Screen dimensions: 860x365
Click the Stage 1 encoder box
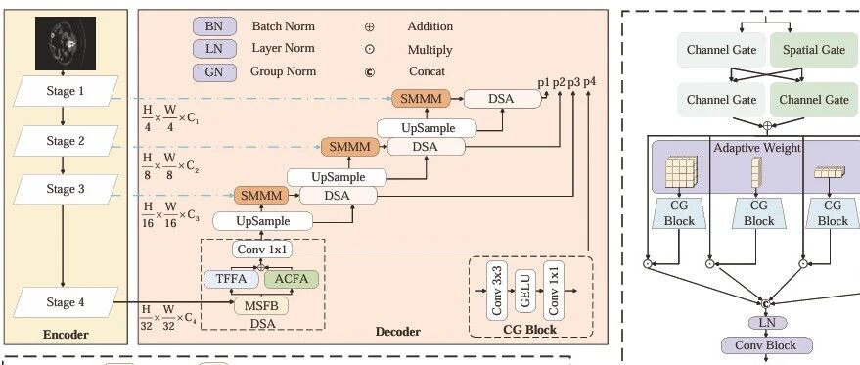[x=66, y=91]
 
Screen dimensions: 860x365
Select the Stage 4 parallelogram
[x=66, y=302]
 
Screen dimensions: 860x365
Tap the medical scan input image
[x=66, y=43]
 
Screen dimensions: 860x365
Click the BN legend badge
[x=214, y=26]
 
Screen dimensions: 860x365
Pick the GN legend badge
[x=214, y=72]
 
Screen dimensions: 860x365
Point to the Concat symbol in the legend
[x=370, y=71]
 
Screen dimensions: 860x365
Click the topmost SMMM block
[x=421, y=99]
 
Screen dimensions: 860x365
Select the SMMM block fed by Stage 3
[x=261, y=196]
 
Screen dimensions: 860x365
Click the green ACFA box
[x=292, y=279]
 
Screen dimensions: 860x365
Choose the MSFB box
[x=261, y=305]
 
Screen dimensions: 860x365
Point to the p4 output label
[x=589, y=82]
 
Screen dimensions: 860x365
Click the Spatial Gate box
[x=814, y=50]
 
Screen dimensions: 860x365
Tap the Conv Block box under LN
[x=766, y=345]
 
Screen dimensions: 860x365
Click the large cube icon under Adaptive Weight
[x=681, y=172]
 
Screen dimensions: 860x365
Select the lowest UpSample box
[x=263, y=221]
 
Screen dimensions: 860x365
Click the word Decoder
[x=397, y=332]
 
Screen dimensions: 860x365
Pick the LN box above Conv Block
[x=767, y=323]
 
